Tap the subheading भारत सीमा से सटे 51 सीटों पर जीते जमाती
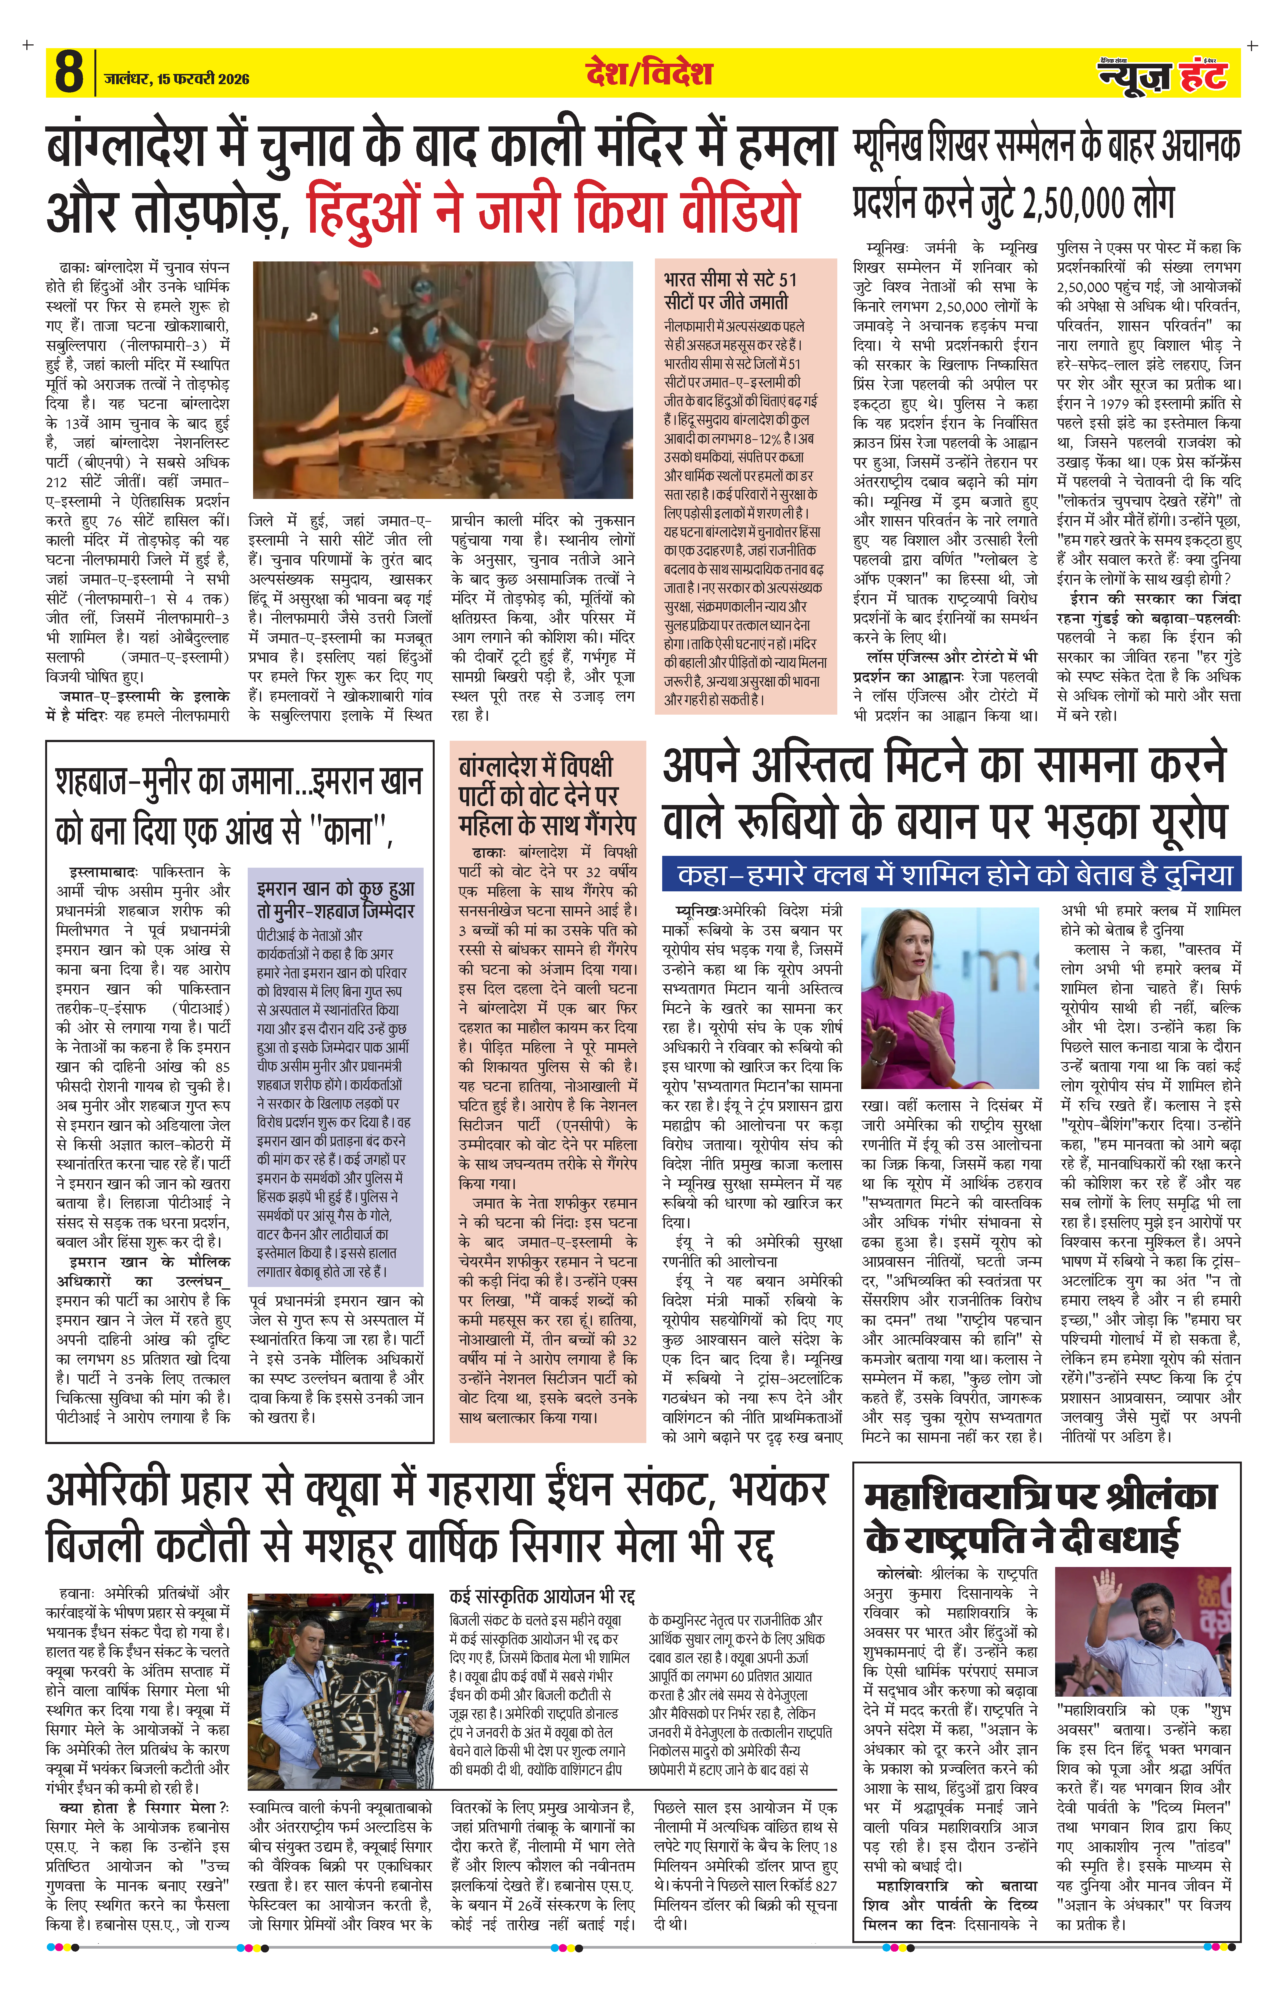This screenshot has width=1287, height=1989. (x=730, y=290)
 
